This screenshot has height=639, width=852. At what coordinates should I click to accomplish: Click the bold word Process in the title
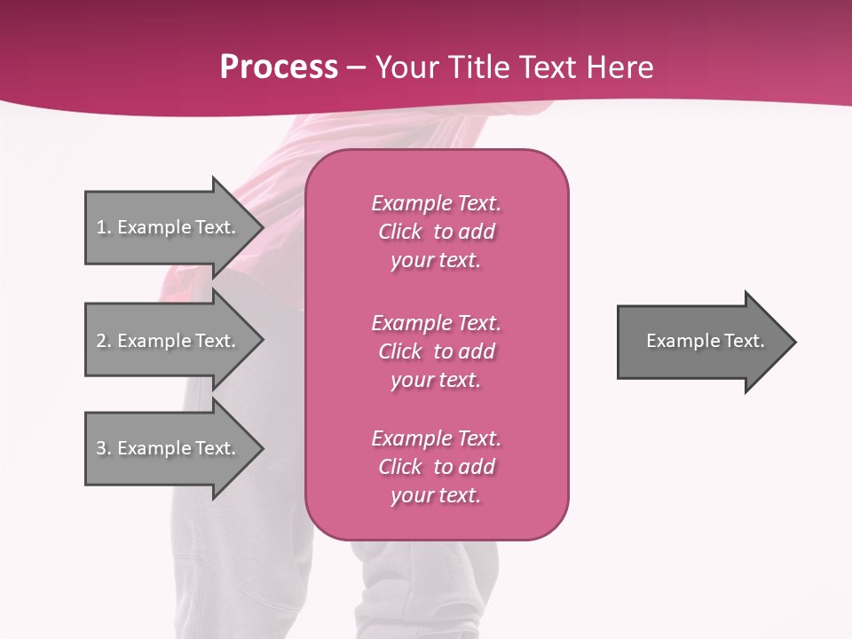(279, 67)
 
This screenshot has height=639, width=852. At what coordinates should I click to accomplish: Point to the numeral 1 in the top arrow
(101, 227)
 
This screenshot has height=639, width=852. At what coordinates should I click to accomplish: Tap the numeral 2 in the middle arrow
(101, 341)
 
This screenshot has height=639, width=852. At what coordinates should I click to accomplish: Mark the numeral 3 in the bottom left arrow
(101, 448)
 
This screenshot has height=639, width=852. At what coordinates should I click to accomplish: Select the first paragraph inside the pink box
(436, 232)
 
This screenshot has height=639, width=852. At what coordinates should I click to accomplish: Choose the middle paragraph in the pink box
(436, 351)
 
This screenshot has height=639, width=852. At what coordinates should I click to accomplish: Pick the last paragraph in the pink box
(436, 467)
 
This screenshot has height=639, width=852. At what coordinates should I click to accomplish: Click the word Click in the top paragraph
(399, 232)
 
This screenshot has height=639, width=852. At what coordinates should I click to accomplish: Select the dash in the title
(356, 67)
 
